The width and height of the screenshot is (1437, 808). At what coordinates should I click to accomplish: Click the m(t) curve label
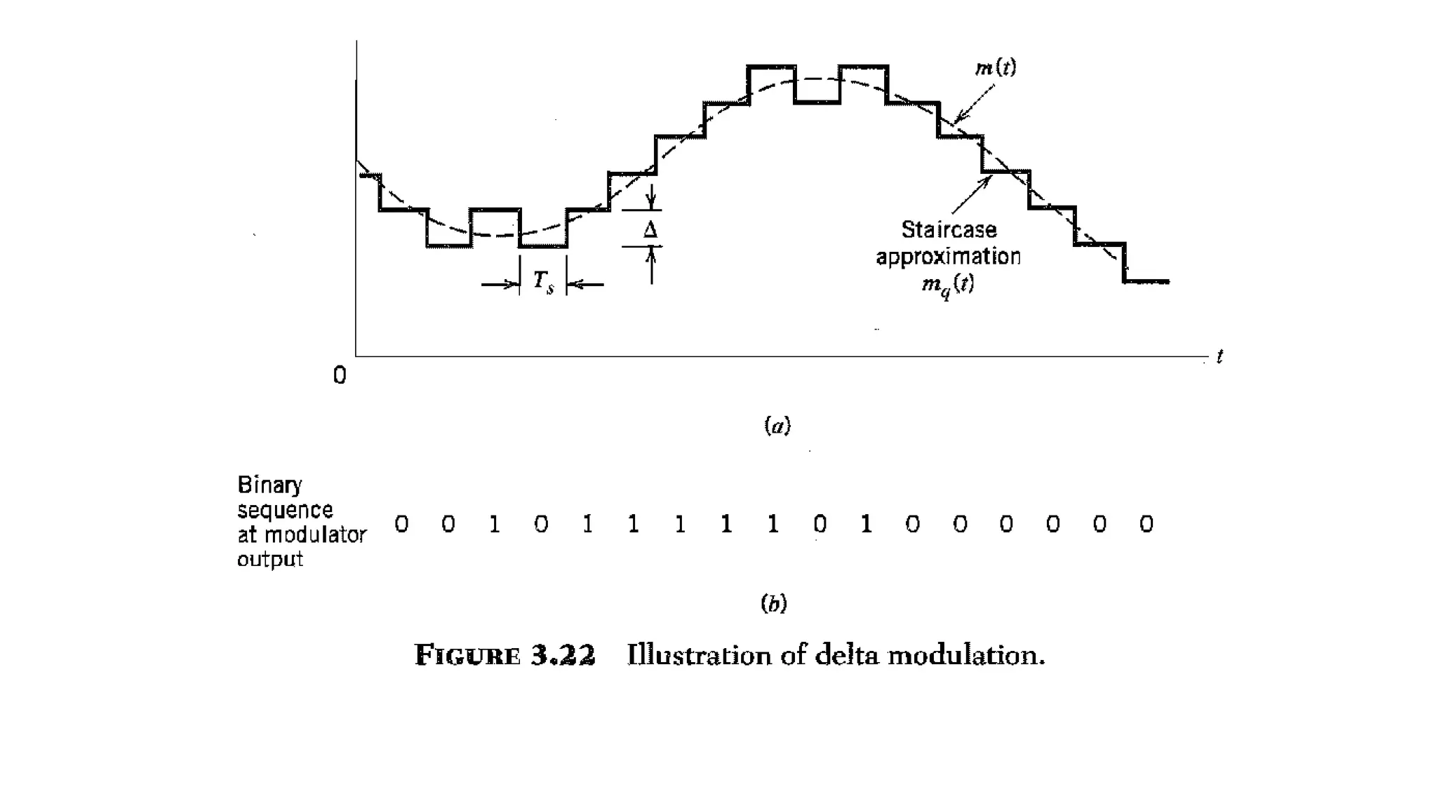pos(996,68)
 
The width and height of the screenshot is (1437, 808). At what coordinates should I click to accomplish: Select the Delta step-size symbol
pos(650,230)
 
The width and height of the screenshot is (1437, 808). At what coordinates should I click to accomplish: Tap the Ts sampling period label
pos(543,282)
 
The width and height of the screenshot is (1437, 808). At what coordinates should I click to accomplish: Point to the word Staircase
pos(949,230)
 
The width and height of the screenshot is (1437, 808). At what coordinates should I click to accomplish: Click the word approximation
pos(948,257)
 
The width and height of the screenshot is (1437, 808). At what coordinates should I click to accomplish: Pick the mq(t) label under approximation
pos(948,285)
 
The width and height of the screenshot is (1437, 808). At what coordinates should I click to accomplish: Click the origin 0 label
pos(340,376)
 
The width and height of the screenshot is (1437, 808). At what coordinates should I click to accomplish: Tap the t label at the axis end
pos(1219,357)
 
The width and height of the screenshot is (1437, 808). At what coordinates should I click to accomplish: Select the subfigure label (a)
pos(777,426)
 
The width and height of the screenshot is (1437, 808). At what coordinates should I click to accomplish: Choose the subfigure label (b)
pos(774,603)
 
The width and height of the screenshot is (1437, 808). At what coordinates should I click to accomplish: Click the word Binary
pos(269,485)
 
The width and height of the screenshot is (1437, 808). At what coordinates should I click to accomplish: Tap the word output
pos(269,560)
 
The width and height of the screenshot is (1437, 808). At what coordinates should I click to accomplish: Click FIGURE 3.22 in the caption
pos(504,655)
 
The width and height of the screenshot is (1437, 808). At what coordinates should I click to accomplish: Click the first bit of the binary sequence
pos(401,524)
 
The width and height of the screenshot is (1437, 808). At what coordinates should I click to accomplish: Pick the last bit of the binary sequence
pos(1146,524)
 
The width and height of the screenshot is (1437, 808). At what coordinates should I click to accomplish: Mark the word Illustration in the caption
pos(699,655)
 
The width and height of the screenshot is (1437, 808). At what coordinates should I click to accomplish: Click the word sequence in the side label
pos(285,510)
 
